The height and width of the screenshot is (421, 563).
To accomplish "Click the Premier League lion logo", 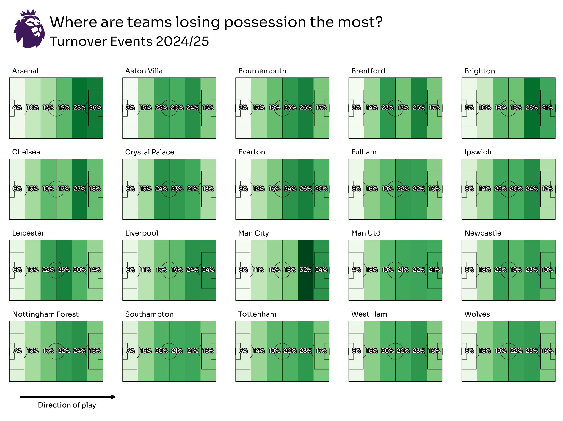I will [x=29, y=29].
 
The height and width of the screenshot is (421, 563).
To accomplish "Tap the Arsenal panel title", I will [x=25, y=71].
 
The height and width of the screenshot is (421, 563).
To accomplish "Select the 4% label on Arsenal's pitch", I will [x=17, y=107].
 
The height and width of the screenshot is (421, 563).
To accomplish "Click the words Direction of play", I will [x=67, y=405].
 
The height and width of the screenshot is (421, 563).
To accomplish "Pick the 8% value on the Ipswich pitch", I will [x=469, y=189].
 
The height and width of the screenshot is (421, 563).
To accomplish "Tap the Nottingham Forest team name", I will [x=45, y=314].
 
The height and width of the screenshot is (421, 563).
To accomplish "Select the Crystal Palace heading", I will [x=150, y=152].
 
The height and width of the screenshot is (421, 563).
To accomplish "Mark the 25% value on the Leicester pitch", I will [x=64, y=270].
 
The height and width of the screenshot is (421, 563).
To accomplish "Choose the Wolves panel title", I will [x=477, y=314].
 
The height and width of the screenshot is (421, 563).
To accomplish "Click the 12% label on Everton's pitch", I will [x=259, y=189].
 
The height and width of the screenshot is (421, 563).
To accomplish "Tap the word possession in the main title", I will [x=265, y=22].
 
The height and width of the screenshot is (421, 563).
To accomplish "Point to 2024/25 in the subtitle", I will [x=182, y=41].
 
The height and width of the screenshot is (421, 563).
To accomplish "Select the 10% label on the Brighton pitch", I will [x=485, y=107].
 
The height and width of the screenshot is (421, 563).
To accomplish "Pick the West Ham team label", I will [x=369, y=314].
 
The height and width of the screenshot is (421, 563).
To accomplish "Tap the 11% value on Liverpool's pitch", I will [x=146, y=270].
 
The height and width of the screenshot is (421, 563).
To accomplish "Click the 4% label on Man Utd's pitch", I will [x=356, y=270].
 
